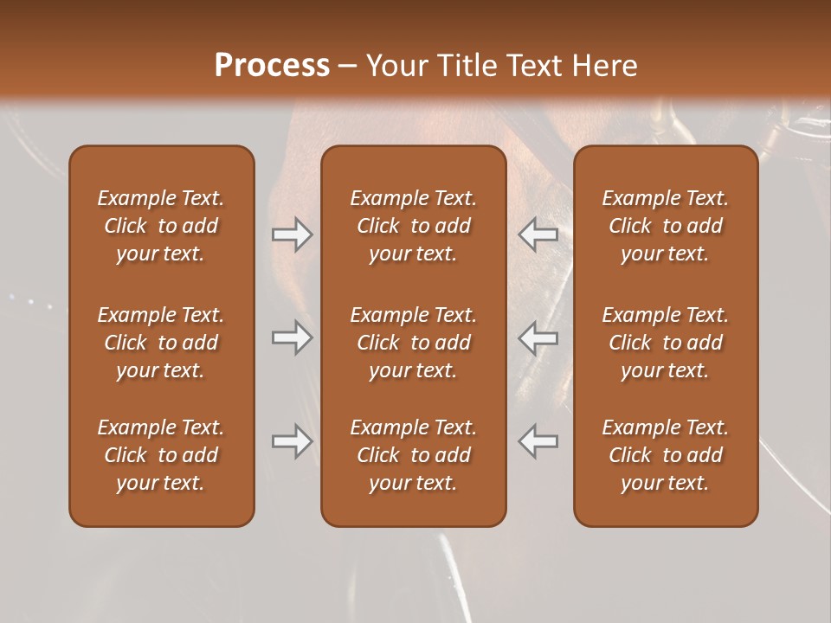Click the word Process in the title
pos(272,66)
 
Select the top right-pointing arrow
pos(292,234)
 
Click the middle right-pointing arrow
pos(292,337)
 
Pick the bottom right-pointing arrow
pos(292,441)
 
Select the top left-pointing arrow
pos(538,234)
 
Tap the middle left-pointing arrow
pos(538,337)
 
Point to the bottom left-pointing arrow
pos(538,441)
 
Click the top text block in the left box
pos(161,226)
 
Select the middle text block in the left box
pos(161,343)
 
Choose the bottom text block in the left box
pos(161,455)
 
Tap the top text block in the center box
pos(413,226)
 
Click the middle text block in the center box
pos(413,343)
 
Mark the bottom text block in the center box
pos(413,455)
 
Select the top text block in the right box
pos(665,226)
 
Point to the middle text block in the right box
pos(665,343)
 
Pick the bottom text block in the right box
pos(665,455)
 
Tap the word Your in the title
pos(395,66)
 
